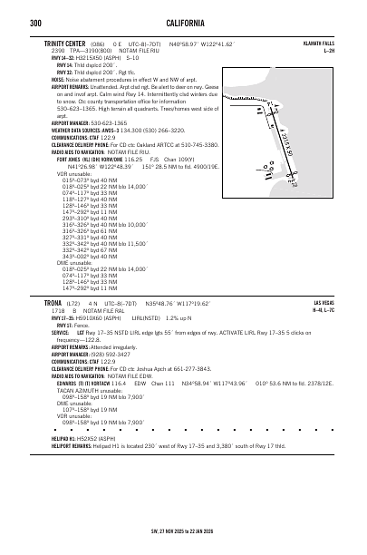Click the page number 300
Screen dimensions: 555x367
35,22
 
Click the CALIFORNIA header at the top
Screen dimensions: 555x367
183,22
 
